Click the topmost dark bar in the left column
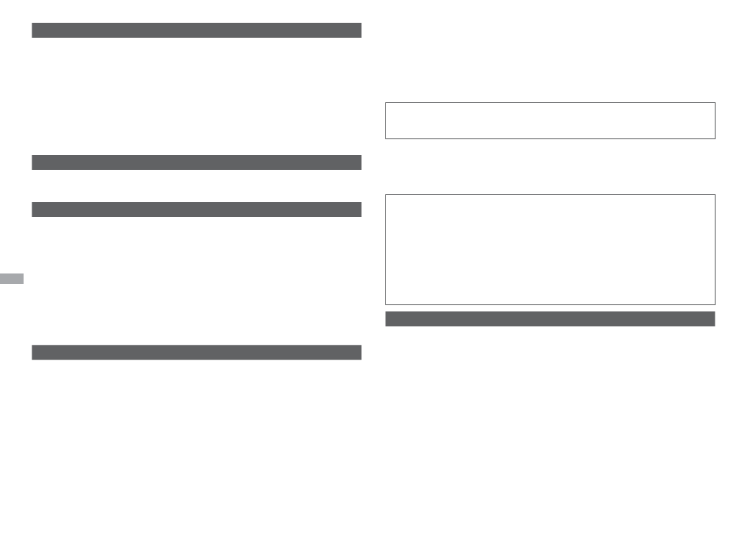click(197, 31)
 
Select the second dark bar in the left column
click(197, 163)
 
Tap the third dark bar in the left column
click(197, 210)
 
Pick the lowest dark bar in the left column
click(197, 352)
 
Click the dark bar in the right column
click(550, 319)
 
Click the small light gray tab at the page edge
click(12, 278)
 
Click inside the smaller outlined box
click(550, 120)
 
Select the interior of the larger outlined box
click(550, 249)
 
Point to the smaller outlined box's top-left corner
click(386, 103)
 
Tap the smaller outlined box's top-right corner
click(715, 103)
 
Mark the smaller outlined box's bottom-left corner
click(386, 138)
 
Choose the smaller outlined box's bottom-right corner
click(715, 138)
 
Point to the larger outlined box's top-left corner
click(386, 195)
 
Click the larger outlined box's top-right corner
click(715, 195)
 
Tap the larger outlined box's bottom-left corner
click(386, 304)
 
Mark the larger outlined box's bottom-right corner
click(715, 304)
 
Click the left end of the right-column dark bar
click(388, 319)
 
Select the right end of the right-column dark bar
click(713, 319)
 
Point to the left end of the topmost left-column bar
click(34, 31)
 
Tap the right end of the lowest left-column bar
click(359, 352)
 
